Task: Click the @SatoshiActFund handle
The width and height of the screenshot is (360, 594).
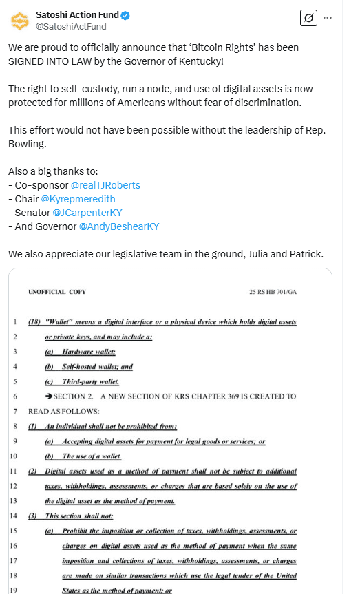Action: [71, 26]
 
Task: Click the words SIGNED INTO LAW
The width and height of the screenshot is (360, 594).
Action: [50, 61]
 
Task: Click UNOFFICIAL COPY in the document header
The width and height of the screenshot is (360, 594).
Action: [57, 292]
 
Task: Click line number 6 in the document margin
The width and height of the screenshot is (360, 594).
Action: [15, 396]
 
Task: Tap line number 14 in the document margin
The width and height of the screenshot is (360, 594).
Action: [14, 516]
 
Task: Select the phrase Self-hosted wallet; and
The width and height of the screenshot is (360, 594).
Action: [98, 367]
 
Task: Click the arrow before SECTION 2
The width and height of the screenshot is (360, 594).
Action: [49, 396]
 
